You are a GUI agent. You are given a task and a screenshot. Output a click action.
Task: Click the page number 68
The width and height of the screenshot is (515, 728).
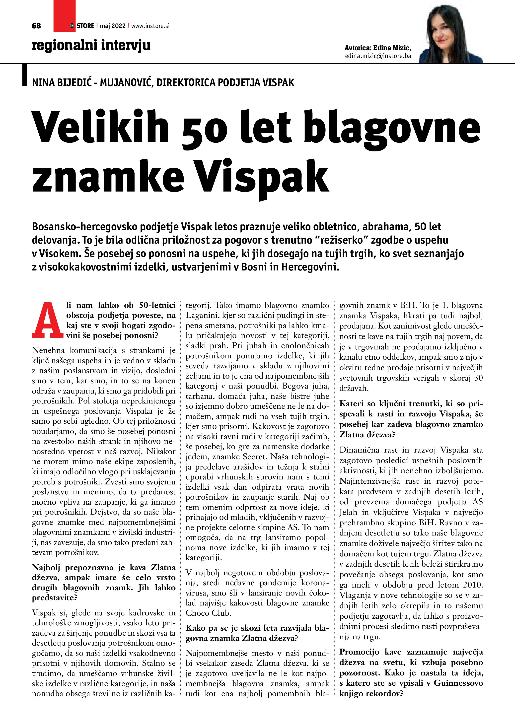click(x=36, y=26)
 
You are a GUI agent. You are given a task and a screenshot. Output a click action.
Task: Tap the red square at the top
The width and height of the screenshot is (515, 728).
click(x=64, y=16)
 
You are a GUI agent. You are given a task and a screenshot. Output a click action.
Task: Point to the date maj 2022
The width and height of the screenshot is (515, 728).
click(x=113, y=26)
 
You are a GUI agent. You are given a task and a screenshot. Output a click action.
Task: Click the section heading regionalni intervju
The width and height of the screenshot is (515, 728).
click(x=91, y=45)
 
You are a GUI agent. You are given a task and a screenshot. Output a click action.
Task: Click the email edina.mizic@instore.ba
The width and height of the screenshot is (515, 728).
click(x=378, y=56)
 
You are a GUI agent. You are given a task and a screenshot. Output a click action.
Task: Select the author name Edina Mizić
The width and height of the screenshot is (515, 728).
click(x=392, y=48)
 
